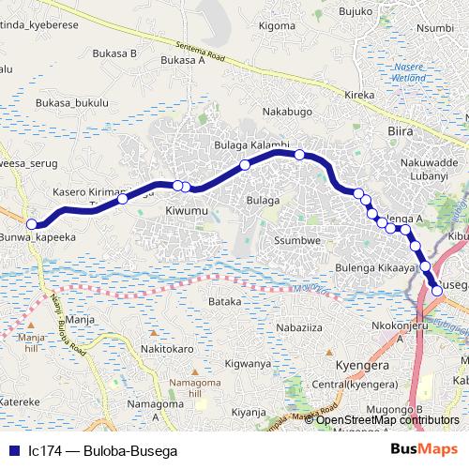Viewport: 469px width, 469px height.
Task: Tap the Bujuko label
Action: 357,11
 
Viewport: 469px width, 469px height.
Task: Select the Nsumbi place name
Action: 434,28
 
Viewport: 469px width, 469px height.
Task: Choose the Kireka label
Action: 359,96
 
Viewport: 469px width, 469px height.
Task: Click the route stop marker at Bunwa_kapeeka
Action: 32,224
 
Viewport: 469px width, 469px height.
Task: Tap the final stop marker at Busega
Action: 437,291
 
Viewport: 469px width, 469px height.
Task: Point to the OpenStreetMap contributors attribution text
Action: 387,419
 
